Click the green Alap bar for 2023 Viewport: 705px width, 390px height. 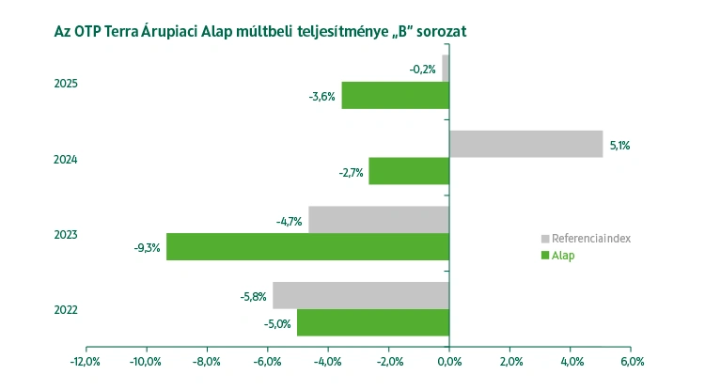pyautogui.click(x=307, y=247)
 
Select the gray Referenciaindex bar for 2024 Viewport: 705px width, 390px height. pyautogui.click(x=525, y=144)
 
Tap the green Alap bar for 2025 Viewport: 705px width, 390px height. pyautogui.click(x=395, y=96)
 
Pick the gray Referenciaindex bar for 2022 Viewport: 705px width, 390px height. pyautogui.click(x=361, y=295)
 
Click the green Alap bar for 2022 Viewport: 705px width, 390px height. pyautogui.click(x=373, y=322)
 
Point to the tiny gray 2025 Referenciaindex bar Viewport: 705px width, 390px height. pyautogui.click(x=446, y=69)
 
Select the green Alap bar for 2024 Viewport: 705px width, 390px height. pyautogui.click(x=409, y=171)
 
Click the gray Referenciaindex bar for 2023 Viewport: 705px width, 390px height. pyautogui.click(x=378, y=220)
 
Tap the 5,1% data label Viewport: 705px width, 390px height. pyautogui.click(x=619, y=146)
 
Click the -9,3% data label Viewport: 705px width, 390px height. pyautogui.click(x=148, y=249)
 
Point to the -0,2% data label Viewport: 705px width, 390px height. pyautogui.click(x=422, y=70)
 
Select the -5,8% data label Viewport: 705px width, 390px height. pyautogui.click(x=254, y=297)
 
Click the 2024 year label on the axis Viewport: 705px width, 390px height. pyautogui.click(x=66, y=160)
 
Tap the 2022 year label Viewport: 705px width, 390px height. pyautogui.click(x=66, y=310)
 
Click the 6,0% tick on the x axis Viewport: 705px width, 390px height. pyautogui.click(x=631, y=362)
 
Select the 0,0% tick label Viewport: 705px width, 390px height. pyautogui.click(x=449, y=362)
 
